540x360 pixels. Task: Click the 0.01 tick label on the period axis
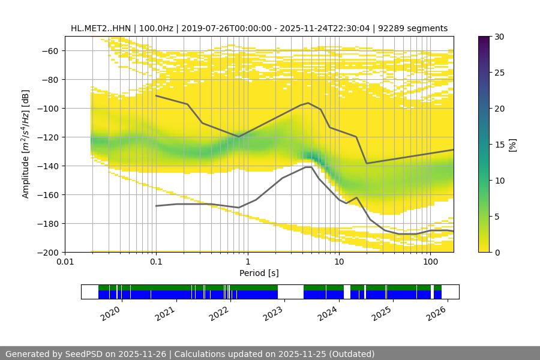pyautogui.click(x=65, y=262)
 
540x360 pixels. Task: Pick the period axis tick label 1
pyautogui.click(x=247, y=262)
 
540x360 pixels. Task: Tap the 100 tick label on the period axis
pyautogui.click(x=430, y=262)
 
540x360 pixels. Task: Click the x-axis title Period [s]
pyautogui.click(x=259, y=273)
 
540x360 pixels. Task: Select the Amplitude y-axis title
pyautogui.click(x=26, y=144)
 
